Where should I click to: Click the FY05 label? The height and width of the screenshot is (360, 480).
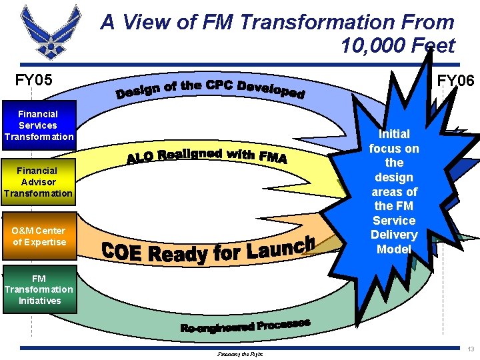pyautogui.click(x=34, y=81)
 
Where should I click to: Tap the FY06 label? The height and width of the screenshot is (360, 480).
pyautogui.click(x=455, y=81)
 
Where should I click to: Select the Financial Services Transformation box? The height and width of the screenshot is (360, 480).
pyautogui.click(x=38, y=125)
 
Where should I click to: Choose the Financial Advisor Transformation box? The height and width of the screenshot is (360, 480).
pyautogui.click(x=38, y=182)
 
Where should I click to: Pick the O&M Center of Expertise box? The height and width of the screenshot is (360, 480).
pyautogui.click(x=38, y=237)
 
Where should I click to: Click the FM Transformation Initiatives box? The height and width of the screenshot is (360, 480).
pyautogui.click(x=39, y=289)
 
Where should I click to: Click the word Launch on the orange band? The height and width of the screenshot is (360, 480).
pyautogui.click(x=280, y=249)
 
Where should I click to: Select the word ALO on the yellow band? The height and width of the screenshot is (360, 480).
pyautogui.click(x=141, y=159)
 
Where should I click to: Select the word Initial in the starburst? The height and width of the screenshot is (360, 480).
pyautogui.click(x=394, y=133)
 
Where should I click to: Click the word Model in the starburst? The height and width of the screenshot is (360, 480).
pyautogui.click(x=394, y=249)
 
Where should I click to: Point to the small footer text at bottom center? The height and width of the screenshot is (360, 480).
pyautogui.click(x=240, y=354)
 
